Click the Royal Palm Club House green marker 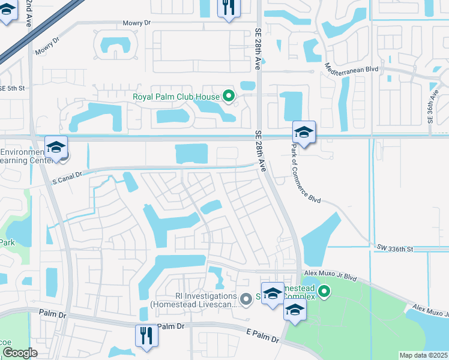(x=228, y=95)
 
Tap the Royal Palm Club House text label (x=176, y=95)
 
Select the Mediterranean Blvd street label (x=352, y=69)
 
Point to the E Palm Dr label (x=262, y=335)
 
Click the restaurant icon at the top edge (x=229, y=8)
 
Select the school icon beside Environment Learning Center (x=56, y=147)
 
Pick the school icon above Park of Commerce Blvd (x=304, y=132)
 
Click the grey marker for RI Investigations (x=245, y=298)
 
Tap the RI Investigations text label (x=194, y=300)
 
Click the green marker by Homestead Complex (x=324, y=292)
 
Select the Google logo (x=20, y=353)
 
